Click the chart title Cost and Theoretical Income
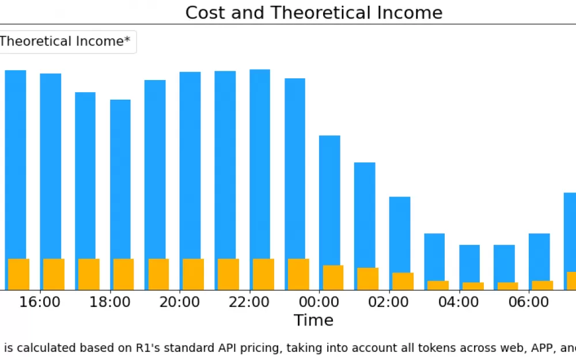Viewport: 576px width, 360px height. tap(314, 13)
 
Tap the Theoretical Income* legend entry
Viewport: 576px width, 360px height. tap(65, 41)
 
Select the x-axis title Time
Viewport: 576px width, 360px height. tap(313, 320)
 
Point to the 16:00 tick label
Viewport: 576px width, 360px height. tap(40, 302)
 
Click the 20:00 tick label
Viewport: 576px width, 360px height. tap(179, 302)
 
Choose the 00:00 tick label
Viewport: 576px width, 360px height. tap(319, 302)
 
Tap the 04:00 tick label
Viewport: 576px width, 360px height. tap(458, 302)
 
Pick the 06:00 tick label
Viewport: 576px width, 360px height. tap(529, 302)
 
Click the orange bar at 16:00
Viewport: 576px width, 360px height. tap(54, 274)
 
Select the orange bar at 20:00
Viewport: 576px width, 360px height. tap(193, 274)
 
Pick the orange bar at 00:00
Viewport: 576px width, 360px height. tap(333, 278)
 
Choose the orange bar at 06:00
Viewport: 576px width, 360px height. tap(543, 286)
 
